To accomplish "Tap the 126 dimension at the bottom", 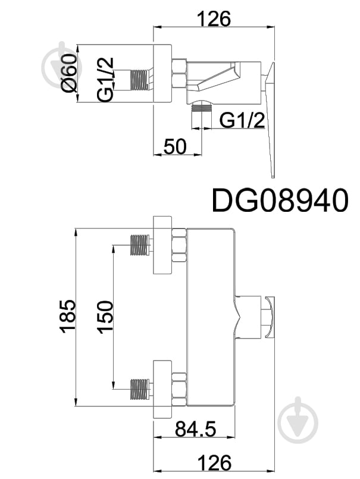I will [x=214, y=462].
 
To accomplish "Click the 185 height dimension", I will [x=67, y=316].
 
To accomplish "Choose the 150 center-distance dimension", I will [x=104, y=316].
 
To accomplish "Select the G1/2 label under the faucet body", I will [x=242, y=120].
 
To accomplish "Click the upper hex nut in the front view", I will [x=179, y=245].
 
